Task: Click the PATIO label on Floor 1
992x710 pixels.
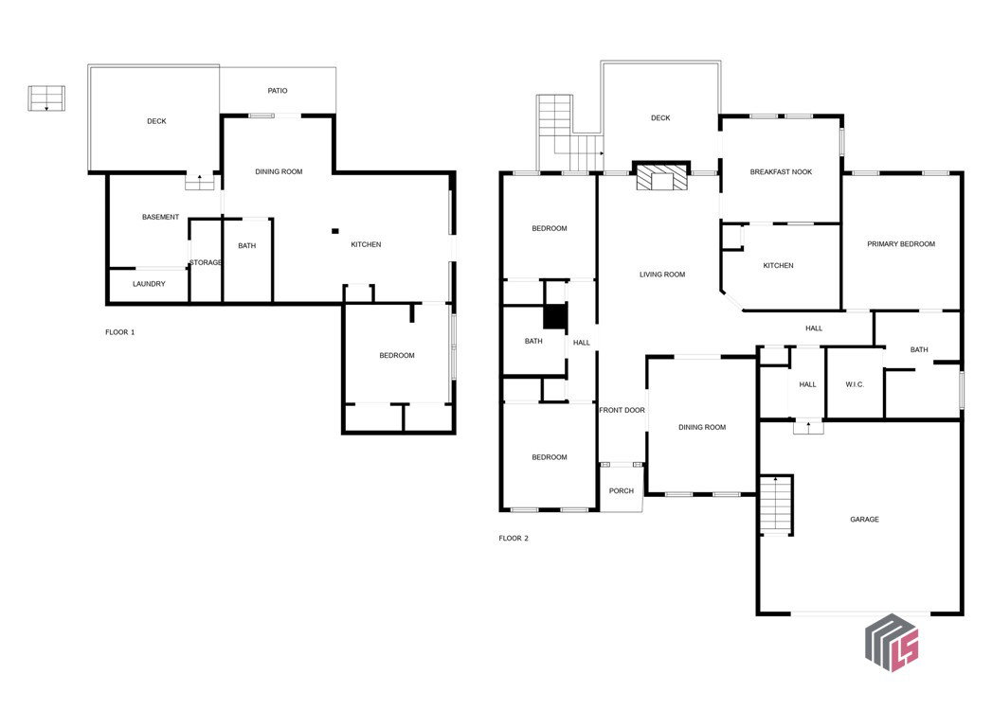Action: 277,91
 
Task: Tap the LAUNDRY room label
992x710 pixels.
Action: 149,284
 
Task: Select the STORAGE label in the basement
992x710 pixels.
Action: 206,262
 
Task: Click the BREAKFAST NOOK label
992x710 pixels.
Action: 781,172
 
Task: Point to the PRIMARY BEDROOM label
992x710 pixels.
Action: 901,244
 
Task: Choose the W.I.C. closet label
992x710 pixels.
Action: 855,384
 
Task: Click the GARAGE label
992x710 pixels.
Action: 864,519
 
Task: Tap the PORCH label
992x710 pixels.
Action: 622,490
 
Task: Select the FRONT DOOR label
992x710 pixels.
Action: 622,410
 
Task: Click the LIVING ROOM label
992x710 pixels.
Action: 662,275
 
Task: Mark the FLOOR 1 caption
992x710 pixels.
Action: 120,332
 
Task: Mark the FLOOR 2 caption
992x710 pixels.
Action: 514,538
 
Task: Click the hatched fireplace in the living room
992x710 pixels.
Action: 661,177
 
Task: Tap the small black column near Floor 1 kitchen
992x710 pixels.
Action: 335,231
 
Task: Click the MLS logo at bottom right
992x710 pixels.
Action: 892,643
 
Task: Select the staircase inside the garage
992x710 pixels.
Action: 776,505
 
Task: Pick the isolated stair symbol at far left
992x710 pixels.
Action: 46,98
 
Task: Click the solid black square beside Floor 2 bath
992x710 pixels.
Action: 555,316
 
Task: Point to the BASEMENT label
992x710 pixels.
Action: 160,217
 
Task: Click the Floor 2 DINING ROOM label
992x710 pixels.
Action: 702,427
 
